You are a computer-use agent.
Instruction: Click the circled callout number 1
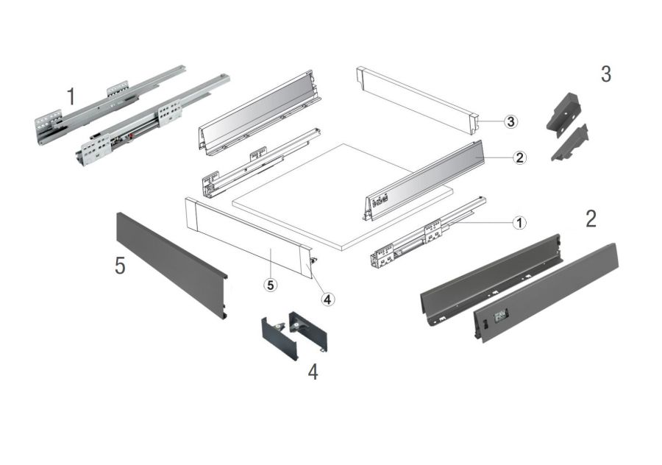click(x=519, y=222)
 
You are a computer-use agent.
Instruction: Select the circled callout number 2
click(x=519, y=157)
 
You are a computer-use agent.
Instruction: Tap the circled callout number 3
click(x=511, y=121)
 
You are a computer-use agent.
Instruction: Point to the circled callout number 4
click(x=327, y=299)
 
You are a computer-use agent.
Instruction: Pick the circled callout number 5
click(x=270, y=285)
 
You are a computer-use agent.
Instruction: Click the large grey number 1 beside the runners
click(x=71, y=96)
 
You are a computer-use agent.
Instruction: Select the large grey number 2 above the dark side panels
click(x=591, y=219)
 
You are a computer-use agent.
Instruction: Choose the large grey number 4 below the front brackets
click(x=313, y=372)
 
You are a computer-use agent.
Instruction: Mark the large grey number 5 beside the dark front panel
click(x=121, y=266)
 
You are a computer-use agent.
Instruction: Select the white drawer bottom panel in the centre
click(x=343, y=197)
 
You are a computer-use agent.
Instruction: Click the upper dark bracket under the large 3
click(x=564, y=112)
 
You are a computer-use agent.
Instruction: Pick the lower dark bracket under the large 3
click(x=569, y=143)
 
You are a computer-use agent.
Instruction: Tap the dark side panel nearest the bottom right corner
click(x=546, y=292)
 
